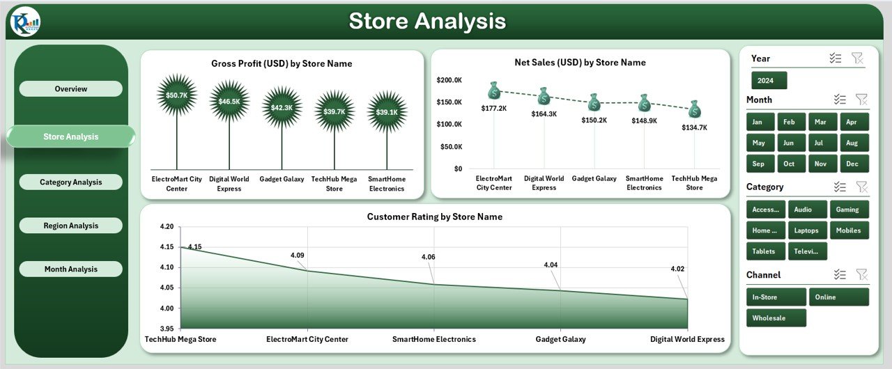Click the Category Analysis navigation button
(x=70, y=182)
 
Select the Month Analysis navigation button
(x=70, y=269)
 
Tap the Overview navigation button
(x=70, y=88)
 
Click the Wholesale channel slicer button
(x=776, y=318)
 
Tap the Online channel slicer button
(x=838, y=297)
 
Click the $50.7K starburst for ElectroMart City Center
(x=177, y=95)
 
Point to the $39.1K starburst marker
(x=387, y=111)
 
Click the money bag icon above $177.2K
(x=494, y=91)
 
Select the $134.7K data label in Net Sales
(x=694, y=127)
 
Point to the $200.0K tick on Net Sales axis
(x=449, y=80)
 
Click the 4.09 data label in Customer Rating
(x=298, y=256)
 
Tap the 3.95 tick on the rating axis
(x=166, y=329)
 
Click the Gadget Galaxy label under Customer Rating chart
(x=560, y=340)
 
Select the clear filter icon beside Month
(x=861, y=100)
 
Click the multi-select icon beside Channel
(x=840, y=275)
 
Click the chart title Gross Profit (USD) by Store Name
(x=282, y=63)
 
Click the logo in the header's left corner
(x=26, y=22)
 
